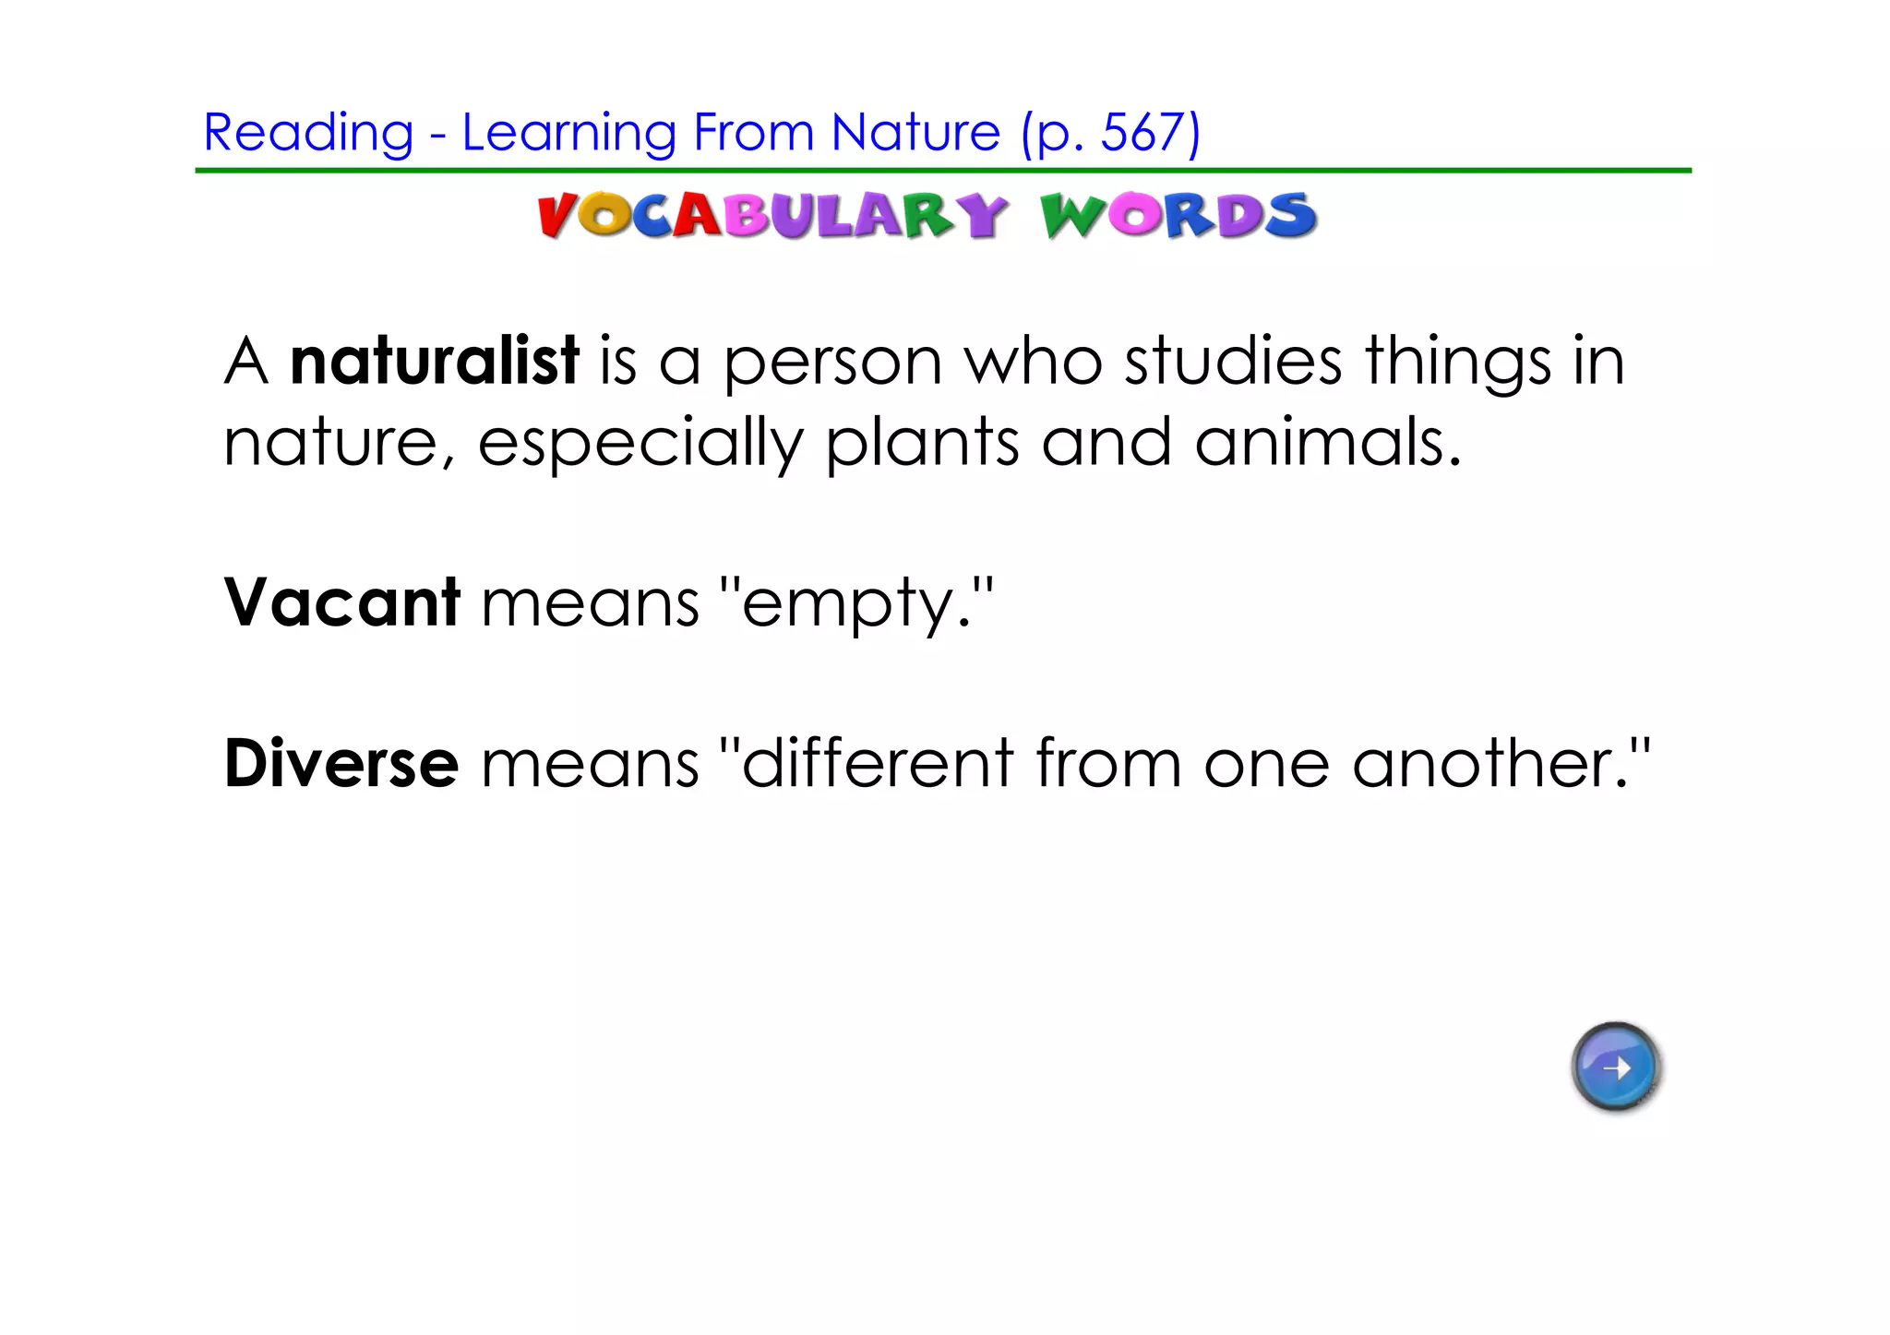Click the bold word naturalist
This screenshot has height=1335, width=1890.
(434, 361)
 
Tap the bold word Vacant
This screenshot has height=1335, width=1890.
(341, 602)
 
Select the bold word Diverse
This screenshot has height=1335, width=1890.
(341, 764)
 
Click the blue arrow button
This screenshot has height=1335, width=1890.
(1615, 1067)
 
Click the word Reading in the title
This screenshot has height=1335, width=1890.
(308, 134)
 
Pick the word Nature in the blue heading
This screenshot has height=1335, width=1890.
(915, 132)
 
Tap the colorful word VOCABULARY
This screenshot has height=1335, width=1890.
(771, 216)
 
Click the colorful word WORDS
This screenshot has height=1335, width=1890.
(1178, 216)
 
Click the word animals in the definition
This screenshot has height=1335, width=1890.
(1326, 442)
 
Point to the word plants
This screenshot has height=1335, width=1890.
(922, 444)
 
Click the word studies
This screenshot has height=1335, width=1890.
(1233, 361)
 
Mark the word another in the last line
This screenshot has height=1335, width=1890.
(1490, 764)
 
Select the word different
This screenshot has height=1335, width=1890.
(878, 764)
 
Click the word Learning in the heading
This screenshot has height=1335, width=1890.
(569, 134)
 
